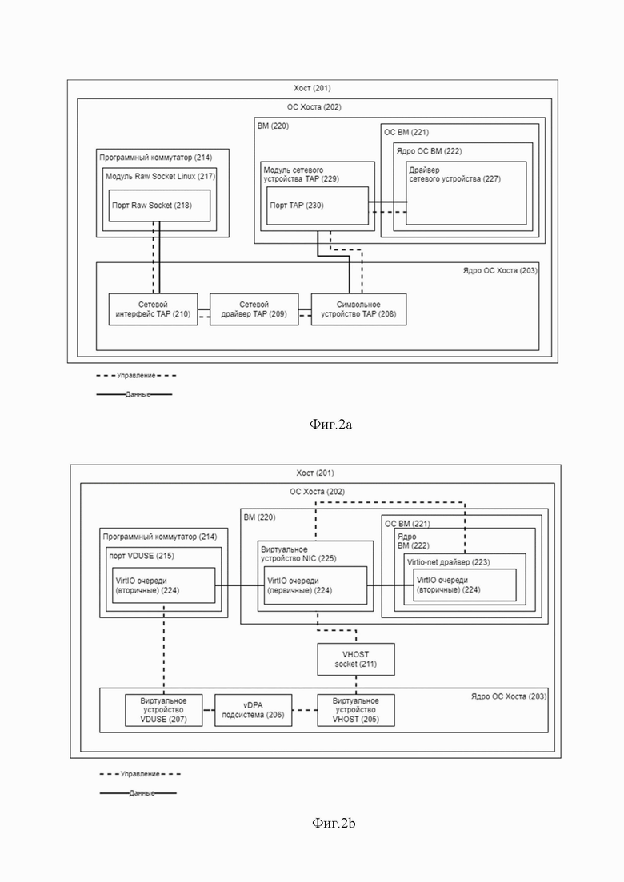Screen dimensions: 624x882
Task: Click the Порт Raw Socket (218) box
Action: click(x=159, y=206)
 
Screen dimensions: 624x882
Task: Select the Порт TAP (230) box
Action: click(x=318, y=206)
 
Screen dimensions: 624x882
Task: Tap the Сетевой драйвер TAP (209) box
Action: click(x=254, y=309)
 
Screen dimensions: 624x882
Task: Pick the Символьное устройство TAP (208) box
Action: click(x=358, y=309)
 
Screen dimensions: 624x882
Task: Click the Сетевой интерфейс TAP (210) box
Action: click(x=153, y=309)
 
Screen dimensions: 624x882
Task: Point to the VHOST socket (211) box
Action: click(x=356, y=659)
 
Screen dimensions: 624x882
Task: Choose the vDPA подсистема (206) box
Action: click(x=254, y=710)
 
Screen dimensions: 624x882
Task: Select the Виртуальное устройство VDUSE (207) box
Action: click(x=164, y=710)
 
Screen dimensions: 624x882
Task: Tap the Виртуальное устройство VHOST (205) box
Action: click(x=356, y=710)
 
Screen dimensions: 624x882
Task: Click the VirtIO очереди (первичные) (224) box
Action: click(x=316, y=585)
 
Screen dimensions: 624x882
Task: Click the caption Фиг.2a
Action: click(x=331, y=425)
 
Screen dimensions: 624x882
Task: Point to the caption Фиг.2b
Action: click(x=333, y=824)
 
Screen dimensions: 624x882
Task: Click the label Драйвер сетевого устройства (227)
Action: click(x=454, y=174)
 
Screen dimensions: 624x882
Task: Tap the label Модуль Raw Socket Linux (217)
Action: click(x=160, y=176)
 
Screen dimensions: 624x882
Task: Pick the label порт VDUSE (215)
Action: click(x=142, y=556)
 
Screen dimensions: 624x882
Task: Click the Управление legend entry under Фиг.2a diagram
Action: click(x=136, y=376)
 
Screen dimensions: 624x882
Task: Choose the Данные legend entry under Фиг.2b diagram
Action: click(x=138, y=793)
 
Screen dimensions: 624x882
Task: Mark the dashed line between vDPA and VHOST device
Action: click(x=305, y=710)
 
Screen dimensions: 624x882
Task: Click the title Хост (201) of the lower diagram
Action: click(x=315, y=473)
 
